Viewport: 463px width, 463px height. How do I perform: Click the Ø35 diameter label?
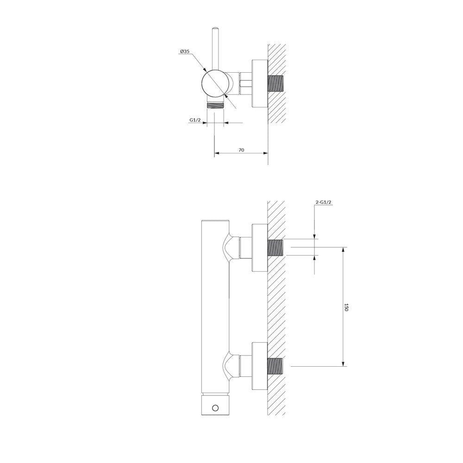click(185, 51)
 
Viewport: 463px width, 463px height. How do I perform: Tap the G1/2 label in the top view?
click(195, 120)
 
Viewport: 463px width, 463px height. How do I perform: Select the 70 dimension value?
click(241, 150)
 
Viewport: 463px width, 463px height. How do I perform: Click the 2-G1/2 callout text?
click(324, 202)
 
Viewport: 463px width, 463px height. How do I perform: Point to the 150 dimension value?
click(346, 307)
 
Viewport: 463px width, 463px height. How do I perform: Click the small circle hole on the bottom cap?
click(215, 408)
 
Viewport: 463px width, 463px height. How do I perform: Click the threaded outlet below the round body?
click(215, 105)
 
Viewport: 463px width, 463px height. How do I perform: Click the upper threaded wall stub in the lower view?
click(275, 247)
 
